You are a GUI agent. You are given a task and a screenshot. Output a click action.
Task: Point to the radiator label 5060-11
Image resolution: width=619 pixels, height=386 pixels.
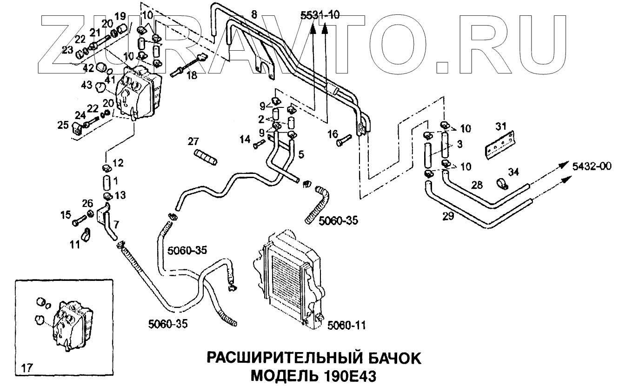pyautogui.click(x=346, y=326)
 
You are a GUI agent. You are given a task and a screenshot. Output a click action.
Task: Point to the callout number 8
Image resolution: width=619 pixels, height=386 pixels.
pyautogui.click(x=253, y=14)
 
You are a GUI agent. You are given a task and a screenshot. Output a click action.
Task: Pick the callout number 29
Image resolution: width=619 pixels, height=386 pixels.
pyautogui.click(x=448, y=216)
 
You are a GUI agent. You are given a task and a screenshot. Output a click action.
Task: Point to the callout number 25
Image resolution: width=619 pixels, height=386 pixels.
pyautogui.click(x=63, y=126)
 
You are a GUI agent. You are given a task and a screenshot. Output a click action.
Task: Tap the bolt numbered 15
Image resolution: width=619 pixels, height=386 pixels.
pyautogui.click(x=79, y=220)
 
